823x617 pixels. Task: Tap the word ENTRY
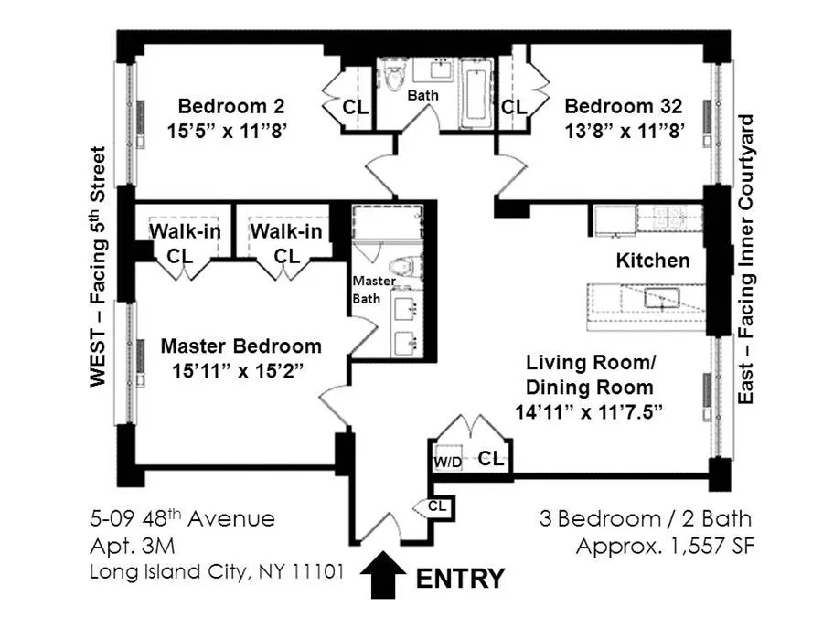point(460,579)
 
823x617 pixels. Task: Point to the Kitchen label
point(653,261)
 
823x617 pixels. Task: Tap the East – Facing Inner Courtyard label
point(748,261)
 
